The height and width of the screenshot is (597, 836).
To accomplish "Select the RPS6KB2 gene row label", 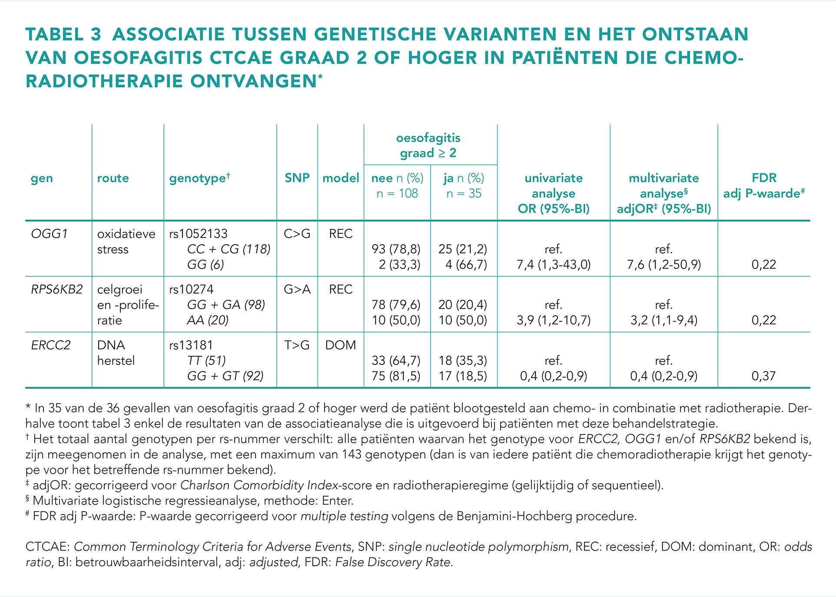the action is point(57,290).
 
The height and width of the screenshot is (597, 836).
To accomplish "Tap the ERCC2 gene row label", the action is point(51,345).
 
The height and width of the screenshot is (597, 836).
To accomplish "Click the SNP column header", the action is point(297,178).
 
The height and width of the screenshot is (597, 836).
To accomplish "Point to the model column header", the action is point(341,178).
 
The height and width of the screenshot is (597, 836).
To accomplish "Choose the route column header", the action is point(113,178).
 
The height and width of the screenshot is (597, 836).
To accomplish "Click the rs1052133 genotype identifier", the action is point(198,234).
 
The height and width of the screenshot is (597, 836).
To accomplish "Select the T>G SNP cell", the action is point(297,345).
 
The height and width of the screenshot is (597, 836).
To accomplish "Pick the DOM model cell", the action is point(341,345).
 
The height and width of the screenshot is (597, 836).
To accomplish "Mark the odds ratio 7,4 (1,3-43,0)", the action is point(554,265).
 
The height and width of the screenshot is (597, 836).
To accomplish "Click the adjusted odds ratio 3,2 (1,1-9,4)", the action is point(664,320).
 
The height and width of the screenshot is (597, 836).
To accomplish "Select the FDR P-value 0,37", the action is point(764,376).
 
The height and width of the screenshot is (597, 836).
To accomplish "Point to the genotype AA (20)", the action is point(208,320).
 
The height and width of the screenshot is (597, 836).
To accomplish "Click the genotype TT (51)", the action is point(206,361).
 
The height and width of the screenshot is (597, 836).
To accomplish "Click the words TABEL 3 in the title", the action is point(63,34).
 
